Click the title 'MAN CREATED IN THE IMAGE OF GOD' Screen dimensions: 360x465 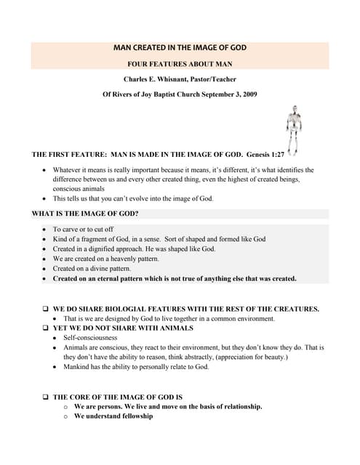tap(180, 48)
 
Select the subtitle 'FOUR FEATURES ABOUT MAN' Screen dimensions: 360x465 tap(180, 64)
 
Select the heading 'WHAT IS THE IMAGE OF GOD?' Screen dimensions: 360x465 tap(86, 214)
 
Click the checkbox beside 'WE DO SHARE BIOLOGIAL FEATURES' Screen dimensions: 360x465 tap(46, 309)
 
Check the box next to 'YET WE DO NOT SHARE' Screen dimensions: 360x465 tap(46, 328)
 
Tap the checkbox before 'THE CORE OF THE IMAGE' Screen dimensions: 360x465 tap(46, 397)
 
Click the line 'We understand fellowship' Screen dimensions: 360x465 tap(113, 416)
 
